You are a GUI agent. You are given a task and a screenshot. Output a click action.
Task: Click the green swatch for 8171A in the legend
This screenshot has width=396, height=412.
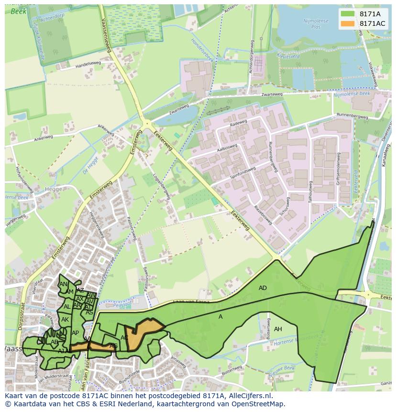(348, 14)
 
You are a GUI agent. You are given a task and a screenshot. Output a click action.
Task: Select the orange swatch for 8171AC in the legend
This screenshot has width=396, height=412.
(348, 23)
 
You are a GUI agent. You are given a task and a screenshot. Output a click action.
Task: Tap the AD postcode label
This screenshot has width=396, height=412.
(263, 288)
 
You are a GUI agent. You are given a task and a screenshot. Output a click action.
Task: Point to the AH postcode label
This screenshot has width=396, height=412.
(278, 329)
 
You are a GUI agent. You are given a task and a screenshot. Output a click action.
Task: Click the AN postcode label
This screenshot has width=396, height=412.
(63, 284)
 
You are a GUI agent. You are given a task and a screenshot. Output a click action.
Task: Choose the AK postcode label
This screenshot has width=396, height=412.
(65, 320)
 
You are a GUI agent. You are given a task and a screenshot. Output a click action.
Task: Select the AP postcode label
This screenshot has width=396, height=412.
(75, 333)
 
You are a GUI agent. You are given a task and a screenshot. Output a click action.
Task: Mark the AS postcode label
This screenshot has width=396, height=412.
(89, 312)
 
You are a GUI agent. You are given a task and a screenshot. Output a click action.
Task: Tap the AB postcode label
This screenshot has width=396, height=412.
(55, 342)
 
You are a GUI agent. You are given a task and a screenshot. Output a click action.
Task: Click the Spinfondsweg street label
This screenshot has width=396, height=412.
(242, 172)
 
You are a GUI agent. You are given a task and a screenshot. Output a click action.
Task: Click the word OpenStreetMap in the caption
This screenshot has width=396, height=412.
(258, 404)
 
